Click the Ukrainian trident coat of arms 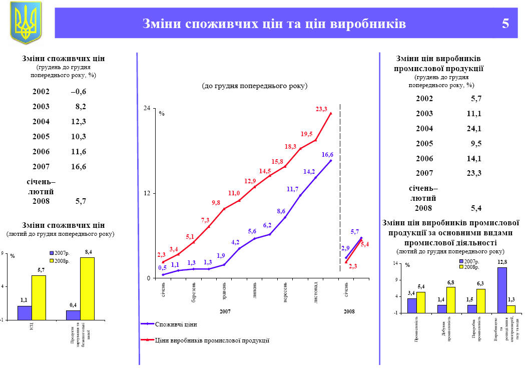[26, 23]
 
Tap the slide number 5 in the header [505, 24]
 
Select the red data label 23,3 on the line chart [321, 109]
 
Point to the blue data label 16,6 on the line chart [327, 155]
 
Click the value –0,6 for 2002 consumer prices [79, 92]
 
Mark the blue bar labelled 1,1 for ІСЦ [25, 312]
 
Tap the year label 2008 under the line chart [349, 311]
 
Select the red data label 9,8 [216, 203]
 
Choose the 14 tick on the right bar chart [396, 263]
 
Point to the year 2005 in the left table [41, 136]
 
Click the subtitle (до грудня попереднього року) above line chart [254, 86]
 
